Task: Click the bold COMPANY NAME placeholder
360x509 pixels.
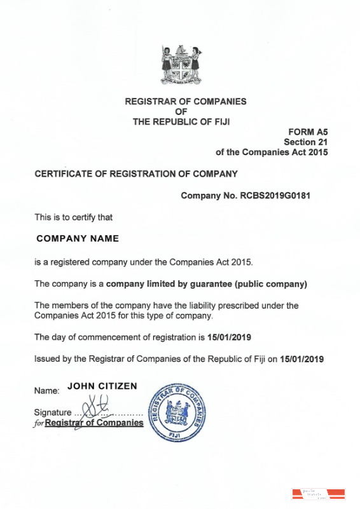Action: pos(78,239)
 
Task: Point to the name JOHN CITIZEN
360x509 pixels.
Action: pos(102,386)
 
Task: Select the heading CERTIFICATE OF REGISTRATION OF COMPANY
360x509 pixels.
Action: pos(135,173)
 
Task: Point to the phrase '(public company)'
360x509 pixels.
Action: pos(271,283)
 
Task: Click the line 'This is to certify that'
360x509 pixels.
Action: pos(73,217)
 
